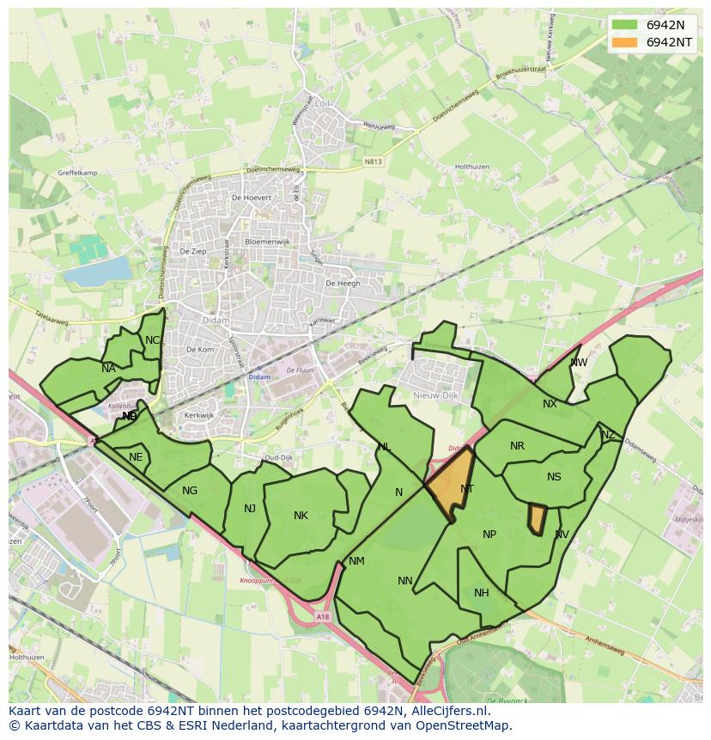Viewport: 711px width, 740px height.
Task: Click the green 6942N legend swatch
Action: (x=625, y=25)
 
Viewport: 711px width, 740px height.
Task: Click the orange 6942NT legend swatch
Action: (x=625, y=42)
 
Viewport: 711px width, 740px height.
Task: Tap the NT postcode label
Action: (x=467, y=489)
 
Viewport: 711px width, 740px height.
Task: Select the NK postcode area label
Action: (x=301, y=516)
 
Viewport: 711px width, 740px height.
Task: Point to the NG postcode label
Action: (x=190, y=491)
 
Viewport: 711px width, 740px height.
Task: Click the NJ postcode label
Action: (x=250, y=509)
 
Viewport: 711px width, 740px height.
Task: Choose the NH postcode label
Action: (x=482, y=593)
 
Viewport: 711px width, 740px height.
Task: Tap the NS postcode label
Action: (x=554, y=478)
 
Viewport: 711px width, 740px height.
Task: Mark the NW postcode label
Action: (x=579, y=363)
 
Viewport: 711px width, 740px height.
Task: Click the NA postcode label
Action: (x=108, y=369)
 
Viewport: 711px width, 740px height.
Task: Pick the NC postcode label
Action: (x=152, y=340)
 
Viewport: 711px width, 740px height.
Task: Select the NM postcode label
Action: (x=356, y=561)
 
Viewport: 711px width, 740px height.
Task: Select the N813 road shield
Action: (x=373, y=161)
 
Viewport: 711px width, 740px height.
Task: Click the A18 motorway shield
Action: (x=321, y=616)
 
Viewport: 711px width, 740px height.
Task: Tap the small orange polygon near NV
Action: (x=537, y=519)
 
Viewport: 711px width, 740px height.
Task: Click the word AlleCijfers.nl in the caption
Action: (x=447, y=712)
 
